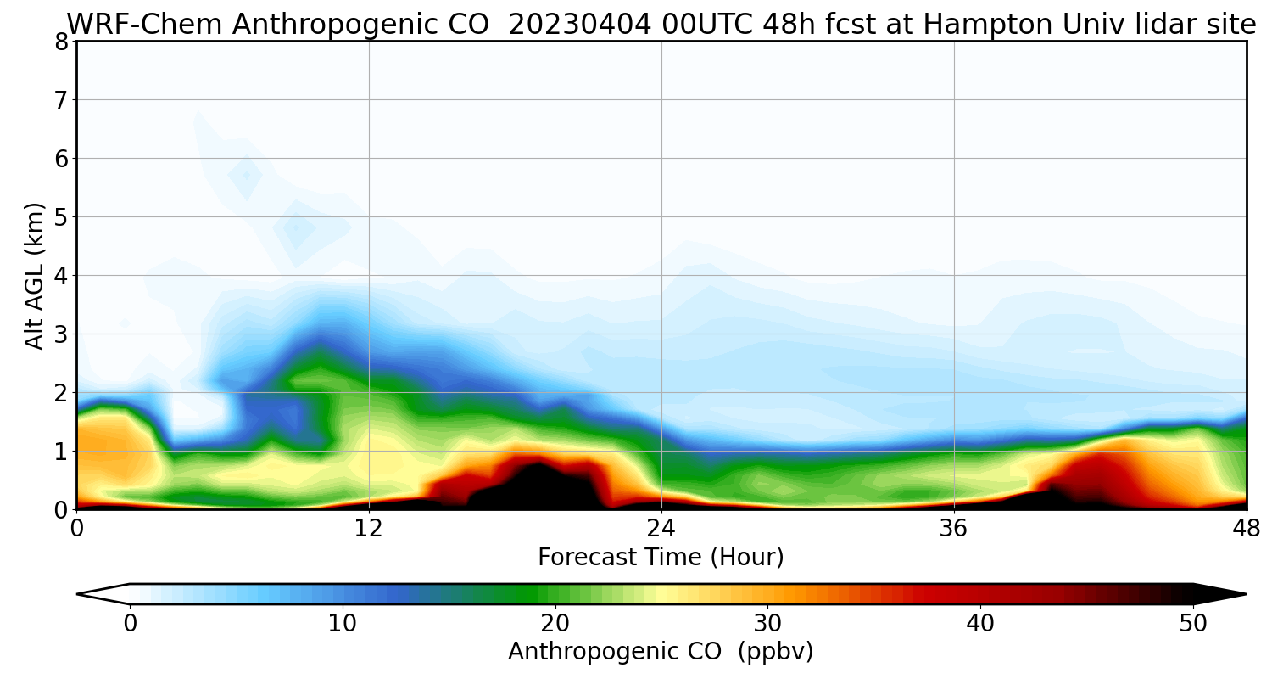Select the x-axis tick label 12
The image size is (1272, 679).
(x=369, y=528)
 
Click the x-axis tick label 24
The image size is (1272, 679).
(x=661, y=528)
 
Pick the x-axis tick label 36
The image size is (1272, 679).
(x=954, y=528)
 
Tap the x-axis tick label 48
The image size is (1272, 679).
(x=1246, y=528)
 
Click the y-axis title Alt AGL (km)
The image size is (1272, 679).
(x=35, y=276)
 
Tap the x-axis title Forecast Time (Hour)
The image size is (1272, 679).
(x=661, y=558)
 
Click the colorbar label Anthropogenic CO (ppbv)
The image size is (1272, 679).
(x=661, y=652)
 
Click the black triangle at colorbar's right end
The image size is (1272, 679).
(x=1221, y=594)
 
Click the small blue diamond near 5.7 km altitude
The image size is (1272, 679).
(x=246, y=176)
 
